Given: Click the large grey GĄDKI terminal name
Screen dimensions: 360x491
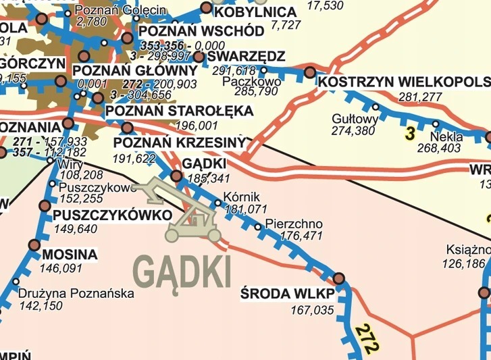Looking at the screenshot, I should pos(182,272).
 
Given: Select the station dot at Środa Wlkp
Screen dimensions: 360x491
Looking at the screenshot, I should pos(338,278).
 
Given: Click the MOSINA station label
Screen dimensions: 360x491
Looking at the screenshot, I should pos(69,255).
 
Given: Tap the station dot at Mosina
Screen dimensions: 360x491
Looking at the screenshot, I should pos(33,246).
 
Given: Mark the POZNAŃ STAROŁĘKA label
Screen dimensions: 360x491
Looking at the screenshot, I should pos(179,111).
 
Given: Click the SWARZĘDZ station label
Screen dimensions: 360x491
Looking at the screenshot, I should pos(247,55).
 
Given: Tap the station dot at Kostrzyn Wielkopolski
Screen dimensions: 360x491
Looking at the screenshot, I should pos(310,72).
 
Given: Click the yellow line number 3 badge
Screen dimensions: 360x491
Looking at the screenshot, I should pos(409,134).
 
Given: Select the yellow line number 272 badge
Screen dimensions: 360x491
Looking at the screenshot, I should pos(365,340).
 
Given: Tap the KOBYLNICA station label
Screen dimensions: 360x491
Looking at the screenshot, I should pos(255,12).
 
